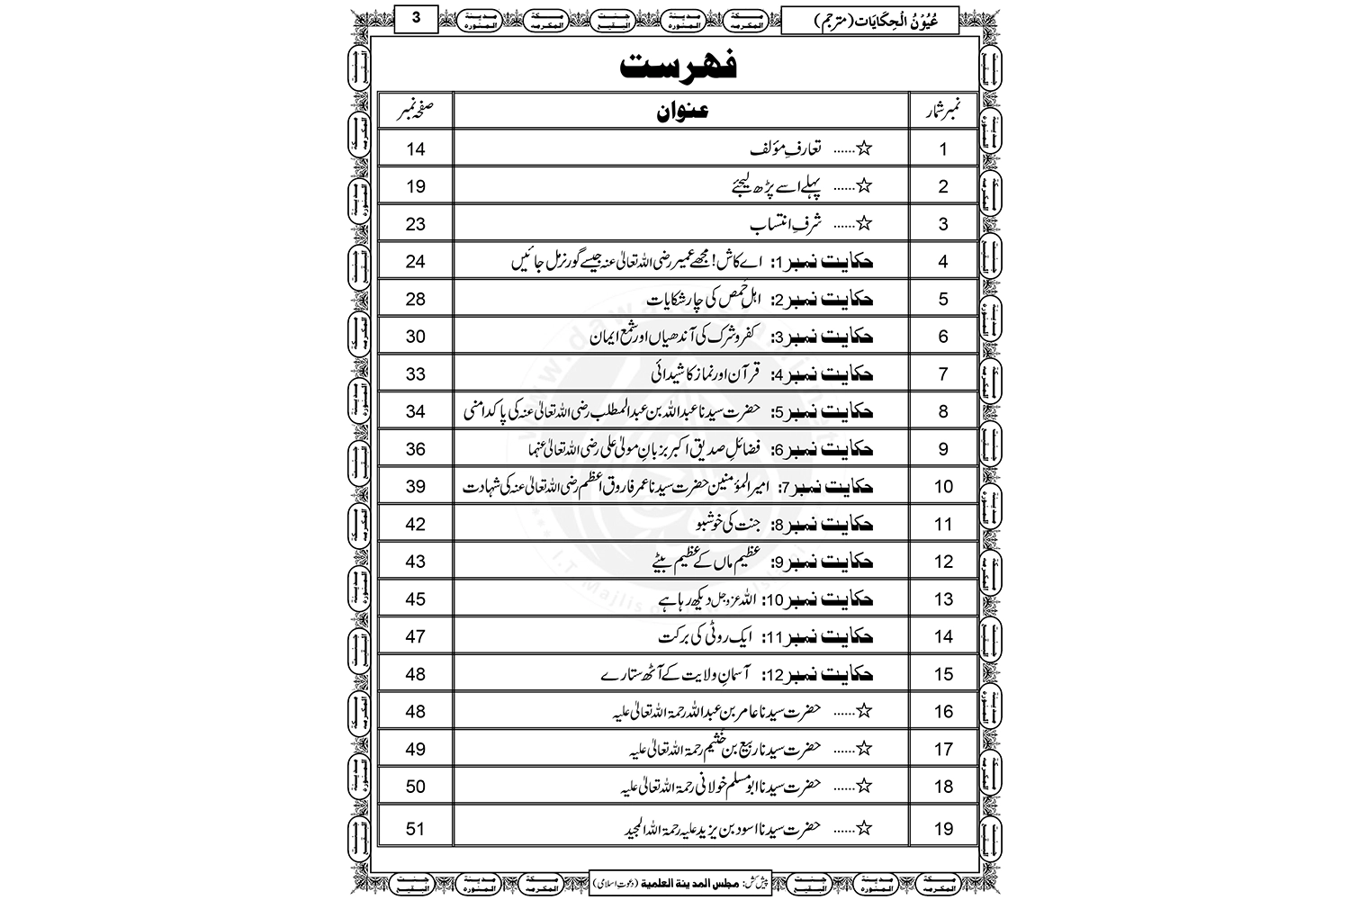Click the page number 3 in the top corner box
click(x=416, y=18)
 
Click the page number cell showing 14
click(x=415, y=149)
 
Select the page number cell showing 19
click(x=415, y=187)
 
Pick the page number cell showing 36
click(x=415, y=449)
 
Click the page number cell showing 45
click(x=415, y=599)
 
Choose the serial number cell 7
click(x=942, y=374)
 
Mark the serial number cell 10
click(x=942, y=487)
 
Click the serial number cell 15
click(x=942, y=674)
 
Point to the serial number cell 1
click(x=942, y=149)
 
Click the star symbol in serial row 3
click(x=866, y=224)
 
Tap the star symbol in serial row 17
click(x=866, y=749)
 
